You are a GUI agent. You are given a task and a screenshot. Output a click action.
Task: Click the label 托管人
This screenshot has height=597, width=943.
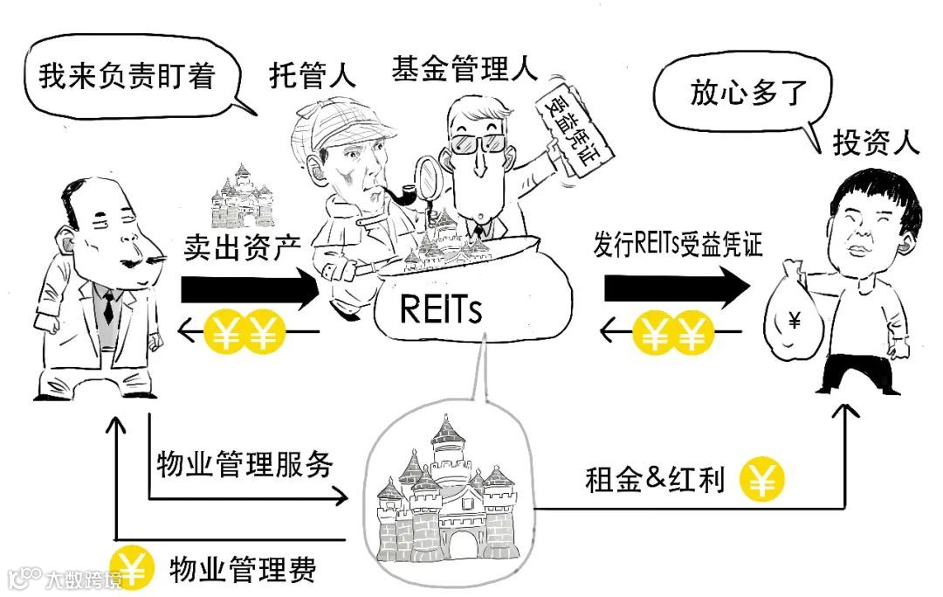[313, 76]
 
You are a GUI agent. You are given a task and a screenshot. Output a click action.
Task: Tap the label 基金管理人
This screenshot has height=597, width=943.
[465, 67]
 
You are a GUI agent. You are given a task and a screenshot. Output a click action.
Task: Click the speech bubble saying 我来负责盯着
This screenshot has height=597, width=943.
[127, 77]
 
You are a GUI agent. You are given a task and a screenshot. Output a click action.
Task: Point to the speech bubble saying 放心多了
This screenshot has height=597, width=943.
[747, 93]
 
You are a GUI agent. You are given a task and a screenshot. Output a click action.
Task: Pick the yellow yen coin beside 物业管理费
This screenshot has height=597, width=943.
[132, 569]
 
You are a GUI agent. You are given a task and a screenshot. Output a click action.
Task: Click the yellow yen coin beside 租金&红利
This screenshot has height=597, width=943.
[762, 481]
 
